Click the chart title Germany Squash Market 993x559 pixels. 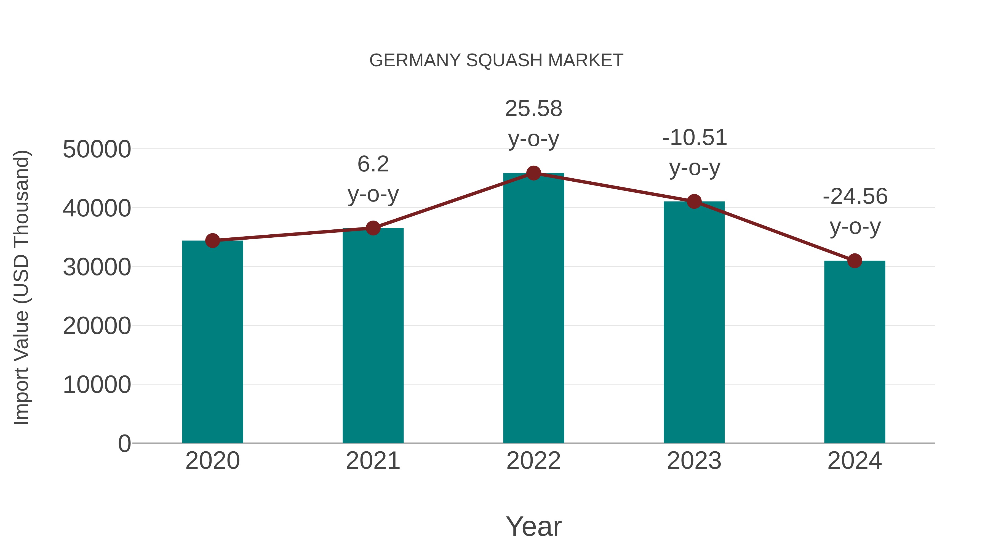pos(496,60)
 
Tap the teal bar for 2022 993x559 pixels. pos(533,309)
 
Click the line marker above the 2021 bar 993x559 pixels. pos(373,228)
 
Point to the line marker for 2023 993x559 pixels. pos(694,202)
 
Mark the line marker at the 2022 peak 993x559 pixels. pos(533,173)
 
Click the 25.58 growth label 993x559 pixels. pos(533,109)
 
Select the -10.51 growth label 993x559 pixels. pos(694,138)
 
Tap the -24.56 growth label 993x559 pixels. pos(855,197)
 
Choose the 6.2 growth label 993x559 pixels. pos(373,164)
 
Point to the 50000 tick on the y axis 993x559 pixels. pos(97,149)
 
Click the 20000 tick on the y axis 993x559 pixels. pos(97,326)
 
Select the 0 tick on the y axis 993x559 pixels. pos(124,444)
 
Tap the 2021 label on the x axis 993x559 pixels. pos(373,461)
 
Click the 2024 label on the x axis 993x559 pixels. pos(855,461)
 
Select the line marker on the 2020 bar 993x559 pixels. pos(212,241)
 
